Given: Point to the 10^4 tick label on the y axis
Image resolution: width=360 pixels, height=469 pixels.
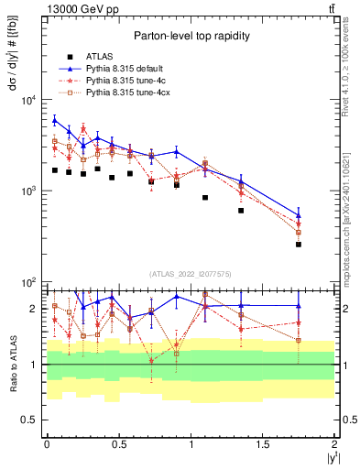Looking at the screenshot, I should pos(27,101).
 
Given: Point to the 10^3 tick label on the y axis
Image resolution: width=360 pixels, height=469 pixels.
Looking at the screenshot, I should pos(27,191).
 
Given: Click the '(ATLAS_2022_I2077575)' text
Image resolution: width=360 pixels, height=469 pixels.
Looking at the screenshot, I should pos(191,274).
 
